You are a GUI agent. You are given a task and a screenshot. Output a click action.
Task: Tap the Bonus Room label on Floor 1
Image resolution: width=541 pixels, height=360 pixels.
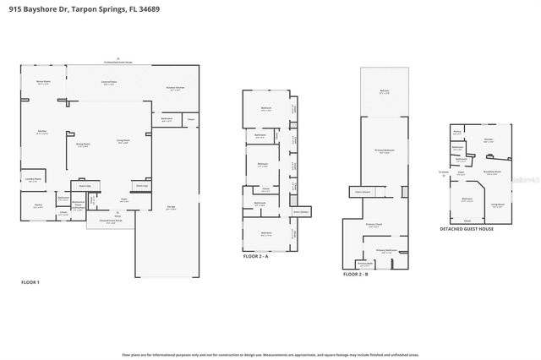pyautogui.click(x=42, y=82)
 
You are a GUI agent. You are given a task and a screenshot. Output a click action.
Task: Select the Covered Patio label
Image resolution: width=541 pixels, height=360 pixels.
pyautogui.click(x=109, y=82)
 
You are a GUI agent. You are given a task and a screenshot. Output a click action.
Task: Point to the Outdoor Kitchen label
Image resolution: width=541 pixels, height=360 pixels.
pyautogui.click(x=175, y=89)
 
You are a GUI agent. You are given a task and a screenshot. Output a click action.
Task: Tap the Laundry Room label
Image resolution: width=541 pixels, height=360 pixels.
pyautogui.click(x=33, y=179)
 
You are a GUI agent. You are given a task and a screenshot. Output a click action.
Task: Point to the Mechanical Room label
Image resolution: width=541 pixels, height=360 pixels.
pyautogui.click(x=78, y=205)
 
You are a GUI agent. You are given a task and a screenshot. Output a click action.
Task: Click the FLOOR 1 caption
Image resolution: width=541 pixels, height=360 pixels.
pyautogui.click(x=30, y=281)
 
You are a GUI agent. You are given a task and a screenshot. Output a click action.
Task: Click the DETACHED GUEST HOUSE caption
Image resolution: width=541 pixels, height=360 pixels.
pyautogui.click(x=466, y=228)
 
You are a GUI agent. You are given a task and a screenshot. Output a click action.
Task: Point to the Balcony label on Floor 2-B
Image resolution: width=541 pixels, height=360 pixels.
pyautogui.click(x=385, y=93)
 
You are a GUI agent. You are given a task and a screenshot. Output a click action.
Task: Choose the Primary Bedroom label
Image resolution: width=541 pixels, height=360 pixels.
pyautogui.click(x=385, y=151)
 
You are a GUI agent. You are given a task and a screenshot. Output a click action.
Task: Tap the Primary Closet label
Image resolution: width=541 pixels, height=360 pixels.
pyautogui.click(x=374, y=225)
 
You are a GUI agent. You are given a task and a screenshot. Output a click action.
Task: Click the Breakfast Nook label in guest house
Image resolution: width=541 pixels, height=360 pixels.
pyautogui.click(x=494, y=172)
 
